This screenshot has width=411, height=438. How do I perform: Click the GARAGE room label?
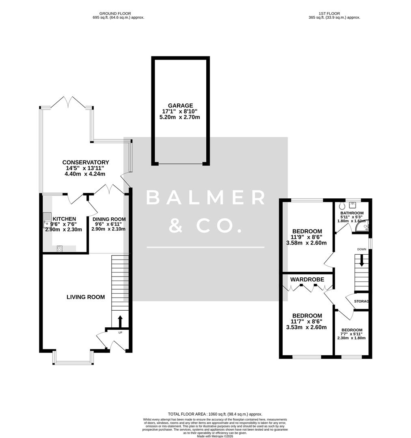[181, 105]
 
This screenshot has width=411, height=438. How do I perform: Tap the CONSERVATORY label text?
[85, 162]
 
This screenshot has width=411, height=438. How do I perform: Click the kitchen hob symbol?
[60, 249]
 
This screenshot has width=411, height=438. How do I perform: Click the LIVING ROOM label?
[86, 297]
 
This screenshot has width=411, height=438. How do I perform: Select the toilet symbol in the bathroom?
[342, 206]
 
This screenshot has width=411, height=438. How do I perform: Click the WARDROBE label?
[307, 279]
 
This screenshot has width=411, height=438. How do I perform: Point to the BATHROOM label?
[352, 213]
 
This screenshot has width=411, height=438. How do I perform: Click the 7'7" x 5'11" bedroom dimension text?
[352, 334]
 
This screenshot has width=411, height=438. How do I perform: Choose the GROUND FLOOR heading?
[115, 13]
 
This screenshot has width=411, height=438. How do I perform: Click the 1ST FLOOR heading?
[330, 13]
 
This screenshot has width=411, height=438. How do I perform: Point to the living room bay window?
[73, 359]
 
